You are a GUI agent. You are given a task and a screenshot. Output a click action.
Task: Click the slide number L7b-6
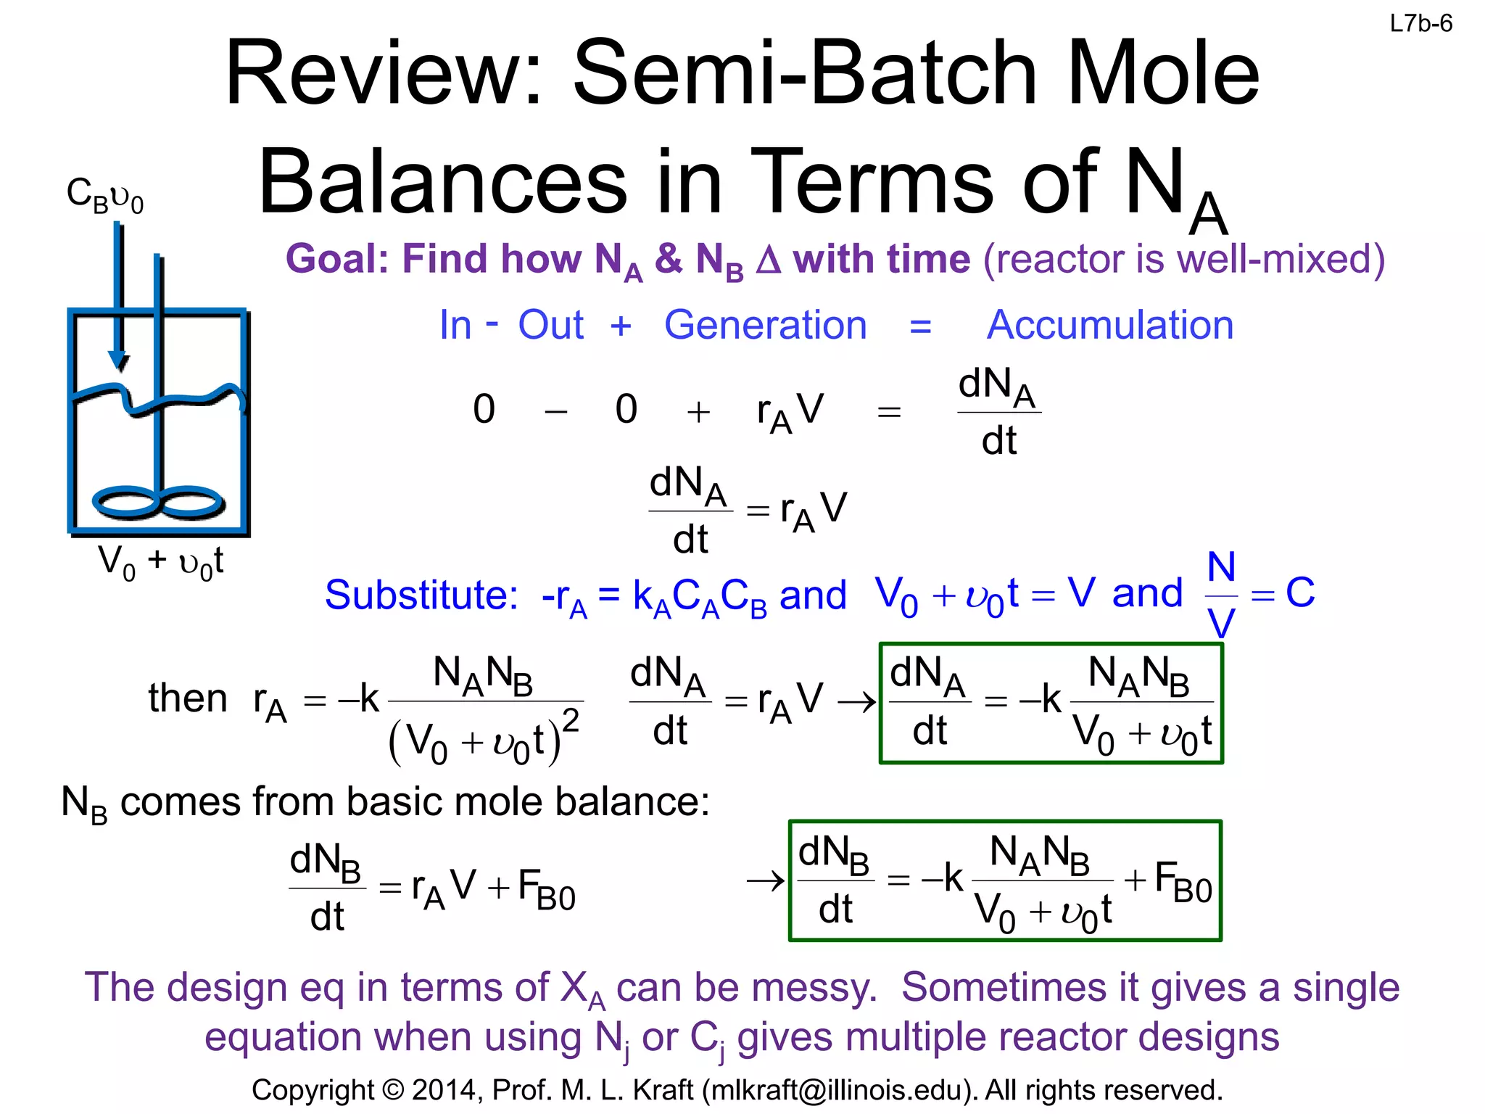coord(1420,24)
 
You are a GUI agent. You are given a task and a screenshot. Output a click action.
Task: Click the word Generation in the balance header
coord(765,325)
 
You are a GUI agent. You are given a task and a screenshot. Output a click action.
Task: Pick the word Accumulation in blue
coord(1109,325)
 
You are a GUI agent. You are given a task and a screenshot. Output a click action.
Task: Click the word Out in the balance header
coord(550,325)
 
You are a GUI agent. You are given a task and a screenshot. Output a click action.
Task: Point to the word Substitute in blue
coord(421,595)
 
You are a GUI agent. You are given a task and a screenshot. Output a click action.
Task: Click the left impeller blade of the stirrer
coord(125,502)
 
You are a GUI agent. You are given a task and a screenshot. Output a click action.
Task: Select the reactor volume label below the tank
coord(160,562)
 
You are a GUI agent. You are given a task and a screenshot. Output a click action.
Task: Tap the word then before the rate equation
coord(188,698)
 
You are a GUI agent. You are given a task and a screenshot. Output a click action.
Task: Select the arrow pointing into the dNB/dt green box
coord(766,881)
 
